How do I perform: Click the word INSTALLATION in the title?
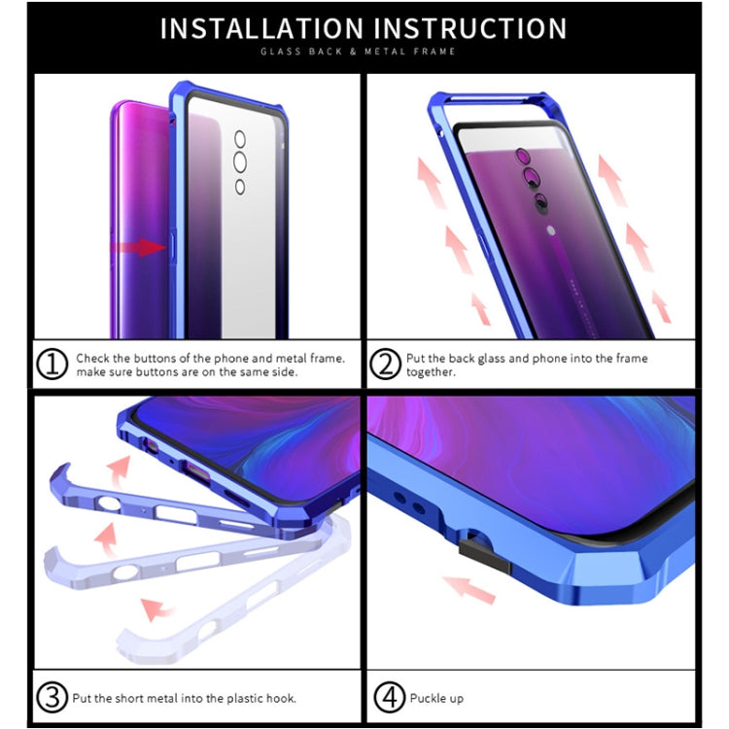tap(261, 28)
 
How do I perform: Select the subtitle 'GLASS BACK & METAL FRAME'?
tap(358, 52)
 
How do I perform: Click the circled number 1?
tap(52, 364)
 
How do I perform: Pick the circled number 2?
tap(385, 364)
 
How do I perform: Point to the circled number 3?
tap(52, 697)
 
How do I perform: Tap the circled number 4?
tap(390, 697)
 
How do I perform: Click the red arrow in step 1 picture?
tap(139, 247)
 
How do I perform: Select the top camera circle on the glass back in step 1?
tap(240, 139)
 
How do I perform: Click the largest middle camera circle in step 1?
tap(240, 162)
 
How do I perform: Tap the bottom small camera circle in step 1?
tap(240, 187)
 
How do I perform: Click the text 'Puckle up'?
tap(436, 698)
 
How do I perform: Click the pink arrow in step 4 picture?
tap(469, 589)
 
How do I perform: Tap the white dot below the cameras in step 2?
tap(551, 230)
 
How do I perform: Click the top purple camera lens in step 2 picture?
tap(523, 156)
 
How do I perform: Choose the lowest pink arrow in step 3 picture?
tap(156, 609)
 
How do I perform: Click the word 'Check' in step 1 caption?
tap(93, 359)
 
